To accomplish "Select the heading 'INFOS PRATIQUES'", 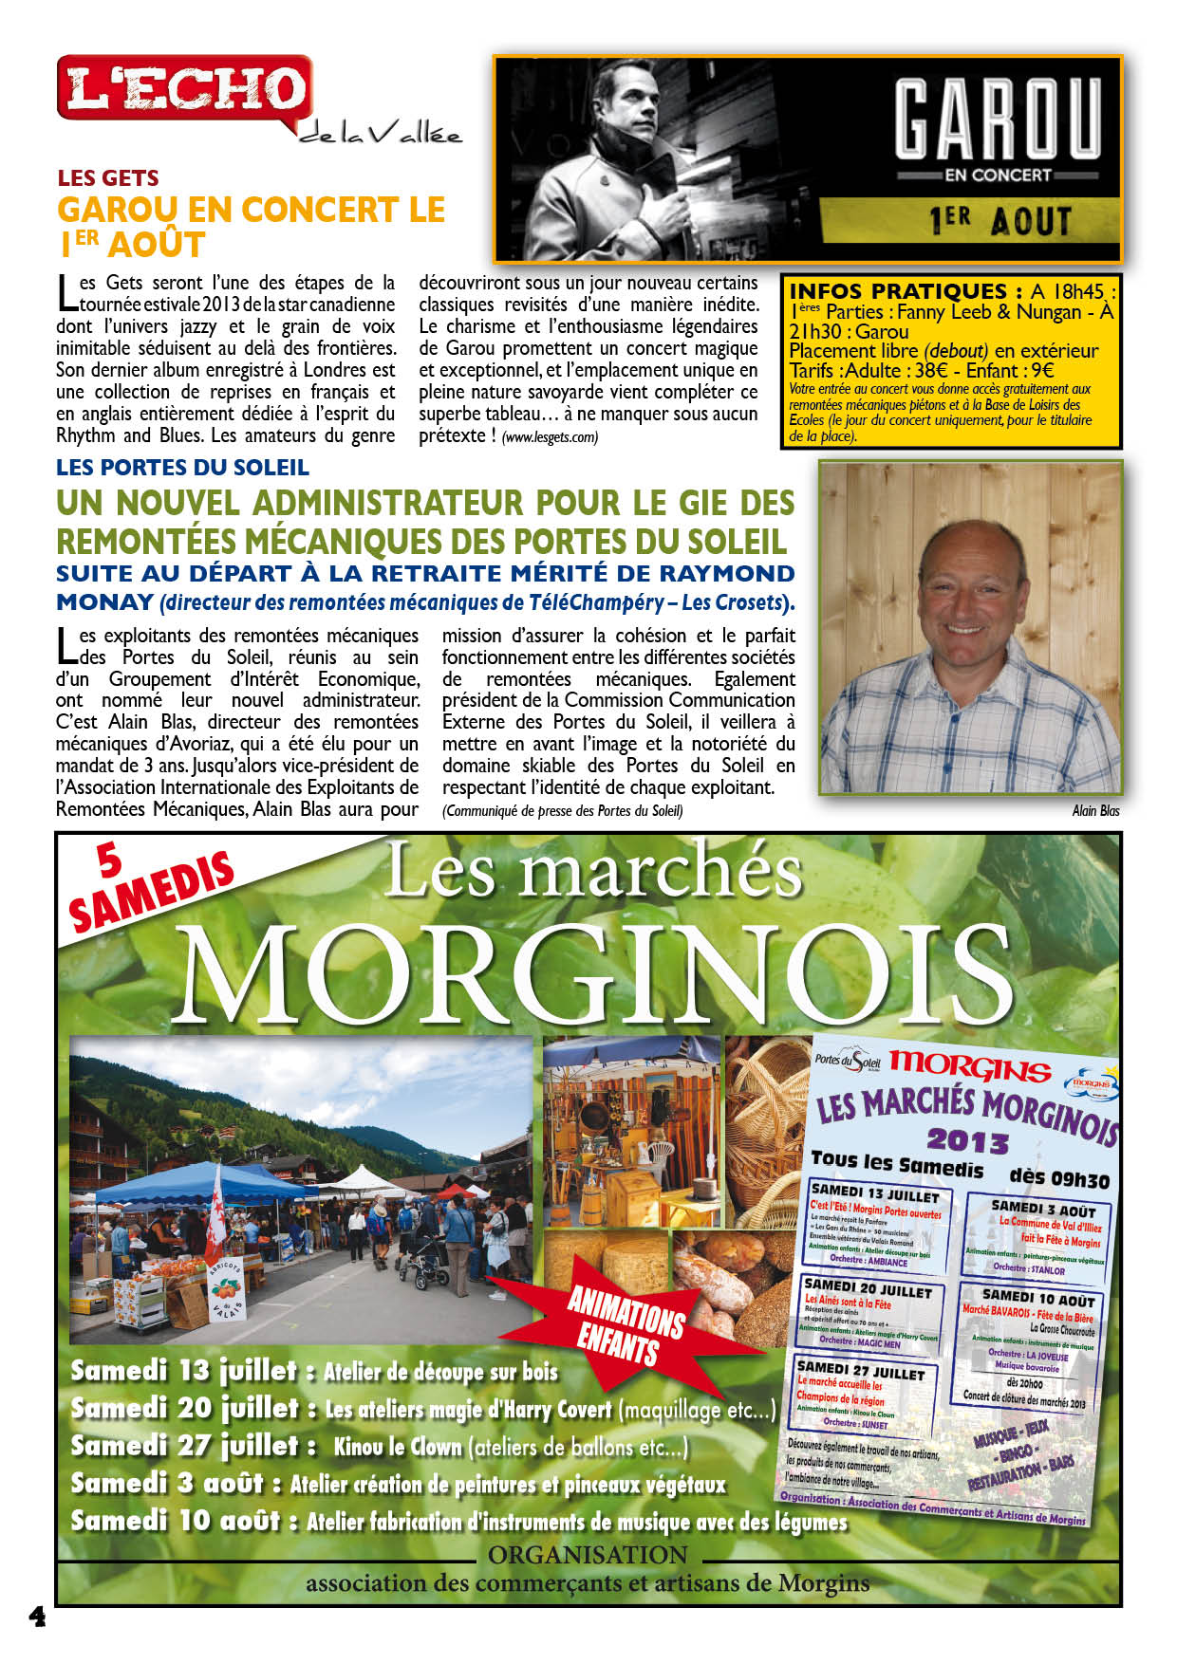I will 898,291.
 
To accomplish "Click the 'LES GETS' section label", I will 108,177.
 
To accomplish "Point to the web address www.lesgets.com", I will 551,437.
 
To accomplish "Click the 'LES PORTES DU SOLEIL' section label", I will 182,467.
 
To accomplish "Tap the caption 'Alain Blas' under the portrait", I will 1095,810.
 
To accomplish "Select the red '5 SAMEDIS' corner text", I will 147,888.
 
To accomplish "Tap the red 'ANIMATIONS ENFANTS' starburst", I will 626,1323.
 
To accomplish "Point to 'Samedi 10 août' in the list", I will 176,1521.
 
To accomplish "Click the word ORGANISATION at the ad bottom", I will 588,1555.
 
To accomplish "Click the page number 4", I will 37,1617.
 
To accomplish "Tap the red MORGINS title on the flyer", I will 969,1067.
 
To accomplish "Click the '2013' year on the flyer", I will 967,1139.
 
